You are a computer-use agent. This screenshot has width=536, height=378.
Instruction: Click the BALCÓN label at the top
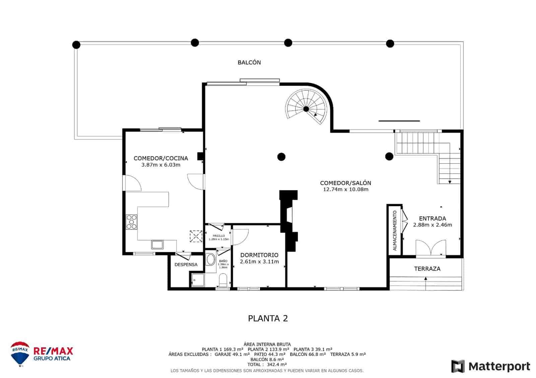tap(249, 62)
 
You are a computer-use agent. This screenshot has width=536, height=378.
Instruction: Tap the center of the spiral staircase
tap(306, 109)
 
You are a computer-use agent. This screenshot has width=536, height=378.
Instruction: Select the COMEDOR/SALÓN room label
tap(345, 183)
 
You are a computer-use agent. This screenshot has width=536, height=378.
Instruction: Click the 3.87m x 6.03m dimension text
tap(161, 165)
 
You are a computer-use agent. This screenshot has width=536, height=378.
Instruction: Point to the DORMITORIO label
tap(259, 255)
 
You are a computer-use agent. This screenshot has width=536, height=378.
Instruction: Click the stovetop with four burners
tap(131, 222)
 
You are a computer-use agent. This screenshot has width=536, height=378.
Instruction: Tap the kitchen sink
tap(157, 245)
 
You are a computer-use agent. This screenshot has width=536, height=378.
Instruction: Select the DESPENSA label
tap(186, 264)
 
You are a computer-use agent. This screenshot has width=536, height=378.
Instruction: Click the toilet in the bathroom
tap(223, 279)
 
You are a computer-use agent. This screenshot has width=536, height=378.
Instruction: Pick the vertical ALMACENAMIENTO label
tap(395, 230)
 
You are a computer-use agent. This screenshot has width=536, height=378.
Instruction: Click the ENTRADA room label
tap(432, 218)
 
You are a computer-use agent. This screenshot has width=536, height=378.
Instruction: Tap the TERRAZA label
tap(427, 269)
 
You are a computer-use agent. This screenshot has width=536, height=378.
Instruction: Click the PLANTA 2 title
tap(268, 318)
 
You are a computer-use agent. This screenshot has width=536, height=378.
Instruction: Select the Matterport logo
tap(490, 366)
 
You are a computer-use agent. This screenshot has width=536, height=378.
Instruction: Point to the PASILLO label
tap(218, 235)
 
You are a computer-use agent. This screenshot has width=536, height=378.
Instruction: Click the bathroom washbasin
tap(211, 259)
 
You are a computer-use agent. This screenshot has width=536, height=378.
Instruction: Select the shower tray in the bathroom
tap(197, 280)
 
